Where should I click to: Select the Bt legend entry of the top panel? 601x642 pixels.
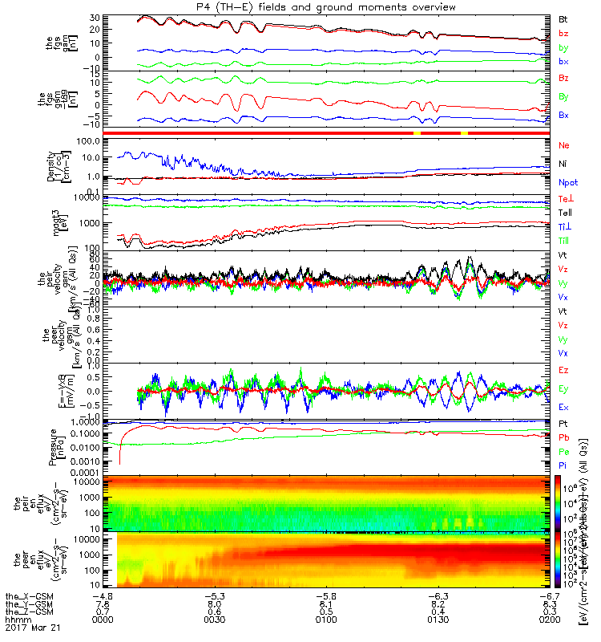pyautogui.click(x=564, y=18)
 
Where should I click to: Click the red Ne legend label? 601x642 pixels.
pyautogui.click(x=564, y=144)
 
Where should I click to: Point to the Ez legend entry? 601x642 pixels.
pyautogui.click(x=564, y=372)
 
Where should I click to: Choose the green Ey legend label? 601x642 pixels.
pyautogui.click(x=564, y=389)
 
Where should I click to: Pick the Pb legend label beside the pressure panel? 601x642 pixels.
pyautogui.click(x=564, y=437)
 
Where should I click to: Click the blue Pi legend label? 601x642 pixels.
pyautogui.click(x=563, y=465)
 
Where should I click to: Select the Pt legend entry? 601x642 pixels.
pyautogui.click(x=563, y=422)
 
